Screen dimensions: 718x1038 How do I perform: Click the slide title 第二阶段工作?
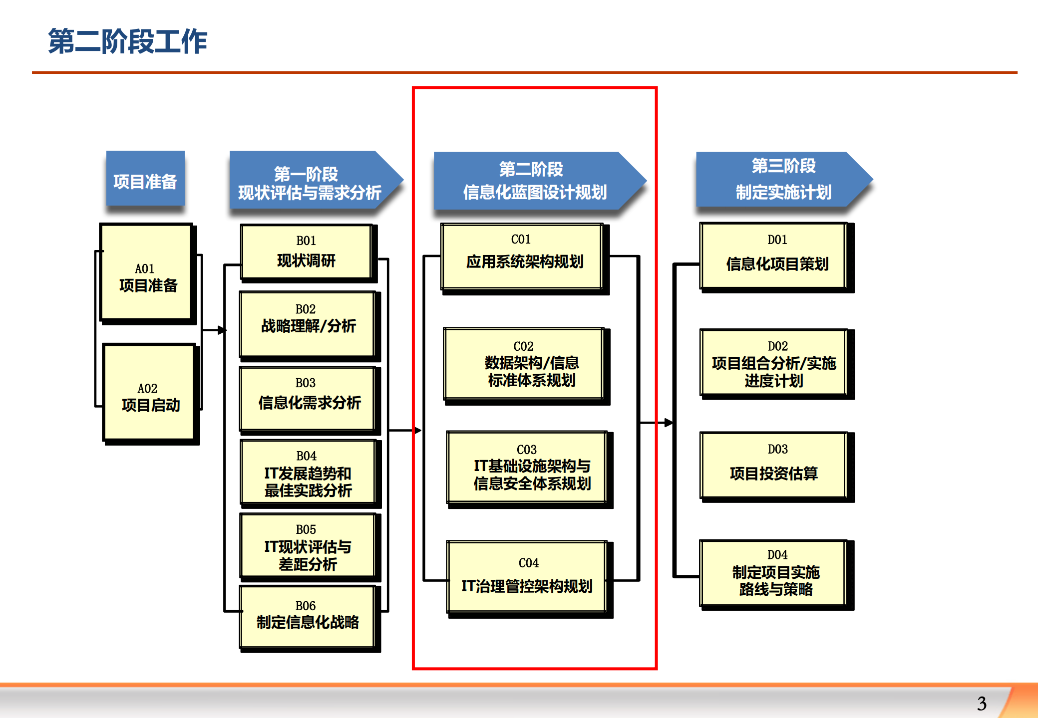(x=127, y=41)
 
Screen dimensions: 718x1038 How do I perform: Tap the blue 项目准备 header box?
(x=145, y=179)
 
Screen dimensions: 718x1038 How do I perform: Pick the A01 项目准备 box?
(x=146, y=272)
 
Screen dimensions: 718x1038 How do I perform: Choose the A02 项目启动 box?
(x=149, y=392)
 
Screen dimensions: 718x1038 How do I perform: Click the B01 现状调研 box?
(x=307, y=251)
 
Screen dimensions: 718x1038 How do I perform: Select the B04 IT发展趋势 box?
(x=308, y=473)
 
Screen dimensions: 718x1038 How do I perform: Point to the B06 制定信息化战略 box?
(x=308, y=617)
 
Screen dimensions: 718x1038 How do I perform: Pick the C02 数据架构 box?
(x=524, y=364)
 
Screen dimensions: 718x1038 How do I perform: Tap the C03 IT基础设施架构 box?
(x=527, y=468)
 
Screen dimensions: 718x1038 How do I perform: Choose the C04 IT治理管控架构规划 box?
(x=527, y=577)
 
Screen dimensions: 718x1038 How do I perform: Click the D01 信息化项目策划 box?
(x=774, y=255)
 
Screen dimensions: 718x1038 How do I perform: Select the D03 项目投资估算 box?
(x=774, y=465)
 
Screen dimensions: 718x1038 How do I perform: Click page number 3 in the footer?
(x=982, y=704)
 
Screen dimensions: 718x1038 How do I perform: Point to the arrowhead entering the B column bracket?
(x=222, y=330)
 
